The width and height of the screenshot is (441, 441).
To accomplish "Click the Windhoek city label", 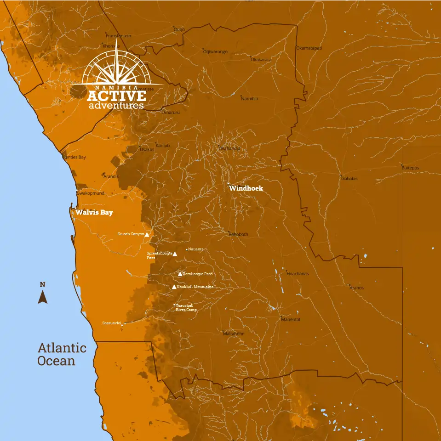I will coord(246,188).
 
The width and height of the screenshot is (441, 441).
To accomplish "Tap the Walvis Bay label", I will coord(94,212).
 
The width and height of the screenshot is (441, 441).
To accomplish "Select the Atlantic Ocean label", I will coord(62,354).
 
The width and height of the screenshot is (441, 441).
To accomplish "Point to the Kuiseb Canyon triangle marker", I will coord(147,234).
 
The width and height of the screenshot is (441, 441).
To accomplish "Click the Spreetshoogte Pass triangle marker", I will coord(175,253).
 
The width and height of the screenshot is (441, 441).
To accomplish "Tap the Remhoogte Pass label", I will coord(198,274).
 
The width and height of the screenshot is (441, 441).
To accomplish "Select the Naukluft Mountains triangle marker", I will coord(174,287).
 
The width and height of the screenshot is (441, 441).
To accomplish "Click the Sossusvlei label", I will coord(111,323).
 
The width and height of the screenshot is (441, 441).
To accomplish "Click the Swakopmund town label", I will coord(91,193).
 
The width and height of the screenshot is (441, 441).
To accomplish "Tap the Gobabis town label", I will coord(349,178).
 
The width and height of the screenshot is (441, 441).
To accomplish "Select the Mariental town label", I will coord(291,319).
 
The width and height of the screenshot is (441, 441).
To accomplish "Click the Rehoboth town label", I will coord(239,234).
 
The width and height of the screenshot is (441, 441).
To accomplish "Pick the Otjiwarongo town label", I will coord(215,51).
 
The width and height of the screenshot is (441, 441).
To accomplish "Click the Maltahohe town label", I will coord(234,334).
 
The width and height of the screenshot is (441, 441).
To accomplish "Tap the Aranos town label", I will coord(356,288).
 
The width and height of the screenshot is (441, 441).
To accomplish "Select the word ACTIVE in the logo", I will coord(116,96).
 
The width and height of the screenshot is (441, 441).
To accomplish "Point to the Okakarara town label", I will coord(261,60).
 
